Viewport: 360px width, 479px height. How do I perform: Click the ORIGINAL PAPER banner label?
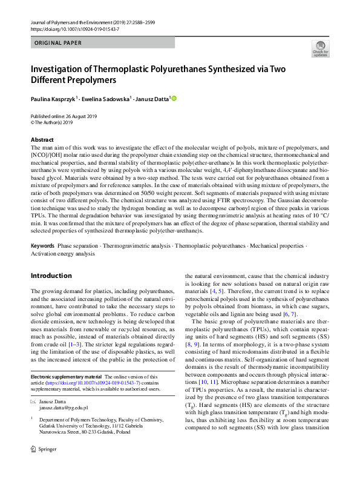point(57,43)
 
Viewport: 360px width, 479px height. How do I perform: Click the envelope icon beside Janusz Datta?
point(33,401)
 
